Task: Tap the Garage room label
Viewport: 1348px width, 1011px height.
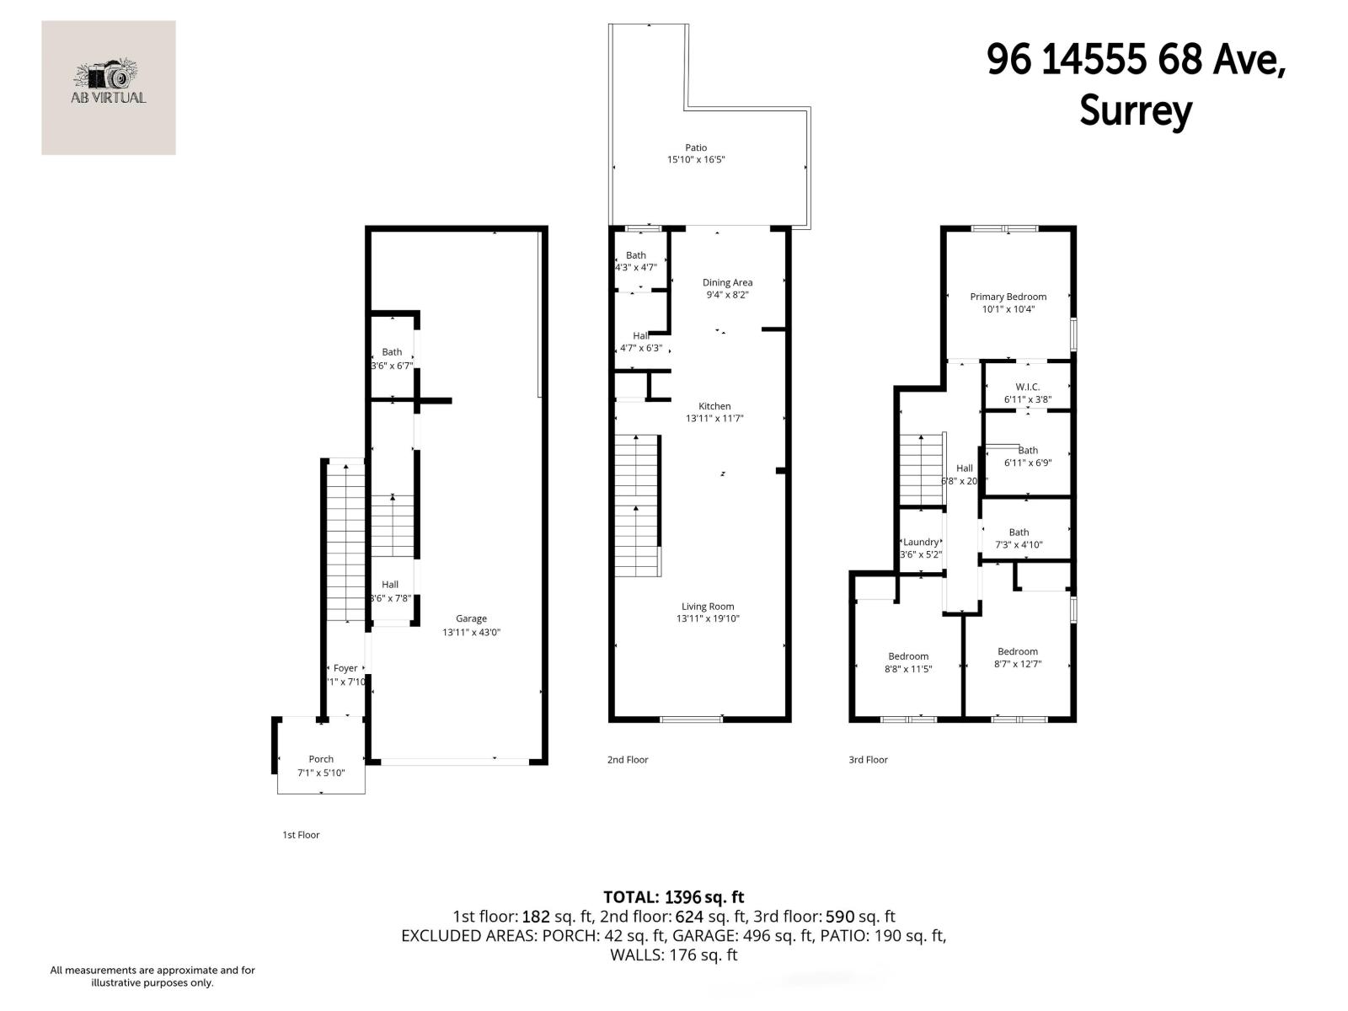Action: (x=471, y=619)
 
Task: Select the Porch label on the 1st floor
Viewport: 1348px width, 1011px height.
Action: (x=321, y=759)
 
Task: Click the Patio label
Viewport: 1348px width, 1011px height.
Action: (x=696, y=148)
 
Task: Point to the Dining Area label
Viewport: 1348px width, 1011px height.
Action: (x=727, y=283)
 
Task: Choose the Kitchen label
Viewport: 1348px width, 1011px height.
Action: (x=714, y=406)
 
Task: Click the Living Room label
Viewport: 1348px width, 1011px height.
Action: (x=708, y=607)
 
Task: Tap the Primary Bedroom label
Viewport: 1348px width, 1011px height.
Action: (x=1008, y=297)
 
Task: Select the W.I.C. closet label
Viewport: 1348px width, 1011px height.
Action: (x=1027, y=388)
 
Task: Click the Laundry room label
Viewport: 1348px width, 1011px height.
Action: (x=921, y=543)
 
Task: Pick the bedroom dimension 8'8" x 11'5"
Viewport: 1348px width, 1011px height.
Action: (x=908, y=669)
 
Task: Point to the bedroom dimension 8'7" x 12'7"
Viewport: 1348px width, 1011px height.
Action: (x=1018, y=664)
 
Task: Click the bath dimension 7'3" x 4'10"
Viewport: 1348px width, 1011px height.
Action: (x=1019, y=545)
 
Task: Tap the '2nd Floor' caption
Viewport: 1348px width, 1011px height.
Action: (x=628, y=760)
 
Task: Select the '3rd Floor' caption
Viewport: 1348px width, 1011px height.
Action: (x=868, y=760)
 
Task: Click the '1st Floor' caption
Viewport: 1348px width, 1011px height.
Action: (x=301, y=835)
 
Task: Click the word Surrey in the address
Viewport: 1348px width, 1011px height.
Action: (x=1136, y=111)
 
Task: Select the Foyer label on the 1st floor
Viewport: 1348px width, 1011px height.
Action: (x=345, y=668)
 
